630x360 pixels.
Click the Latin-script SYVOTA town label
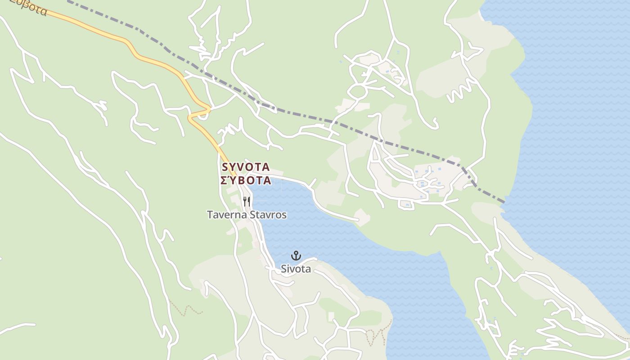[246, 167]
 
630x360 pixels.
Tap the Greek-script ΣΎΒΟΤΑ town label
[246, 181]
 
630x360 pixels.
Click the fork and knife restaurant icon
[246, 201]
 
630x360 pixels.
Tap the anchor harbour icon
[296, 256]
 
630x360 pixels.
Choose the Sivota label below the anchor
[296, 269]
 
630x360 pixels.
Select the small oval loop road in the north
[358, 92]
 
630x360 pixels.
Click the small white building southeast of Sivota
[331, 317]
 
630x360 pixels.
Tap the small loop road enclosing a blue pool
[407, 204]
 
